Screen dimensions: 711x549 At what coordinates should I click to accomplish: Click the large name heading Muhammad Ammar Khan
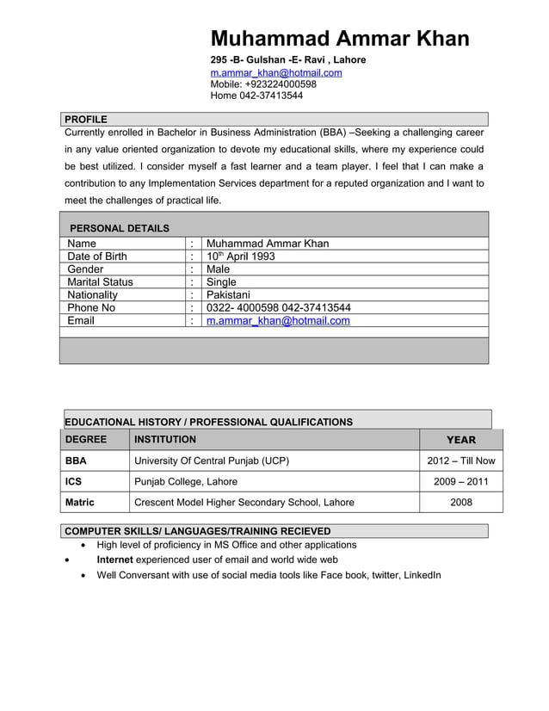point(340,39)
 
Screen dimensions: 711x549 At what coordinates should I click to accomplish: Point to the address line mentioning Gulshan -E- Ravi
point(288,59)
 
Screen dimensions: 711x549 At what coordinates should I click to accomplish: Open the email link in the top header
point(276,72)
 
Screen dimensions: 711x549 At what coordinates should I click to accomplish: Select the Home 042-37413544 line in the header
point(256,96)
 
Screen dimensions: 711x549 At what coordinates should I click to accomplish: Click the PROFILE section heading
point(86,119)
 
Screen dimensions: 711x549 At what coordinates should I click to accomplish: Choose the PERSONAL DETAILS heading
point(119,228)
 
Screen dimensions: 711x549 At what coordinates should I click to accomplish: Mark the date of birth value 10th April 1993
point(241,257)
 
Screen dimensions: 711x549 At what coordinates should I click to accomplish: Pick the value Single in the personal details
point(221,281)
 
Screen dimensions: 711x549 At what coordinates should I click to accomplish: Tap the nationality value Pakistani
point(228,294)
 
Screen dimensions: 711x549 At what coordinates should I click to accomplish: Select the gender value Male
point(219,269)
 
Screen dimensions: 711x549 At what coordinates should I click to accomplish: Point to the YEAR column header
point(460,439)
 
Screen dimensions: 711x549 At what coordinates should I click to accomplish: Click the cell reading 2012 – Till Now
point(460,461)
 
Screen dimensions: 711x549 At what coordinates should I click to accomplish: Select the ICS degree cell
point(74,481)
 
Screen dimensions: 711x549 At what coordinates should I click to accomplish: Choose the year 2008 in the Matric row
point(460,502)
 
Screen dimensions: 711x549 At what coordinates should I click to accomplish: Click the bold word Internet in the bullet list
point(114,560)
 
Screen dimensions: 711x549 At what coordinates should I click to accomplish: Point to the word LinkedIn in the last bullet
point(422,574)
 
